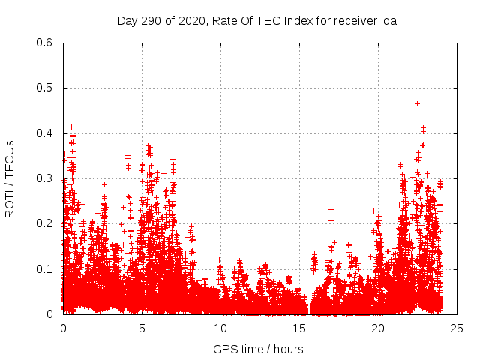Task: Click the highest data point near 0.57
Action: click(415, 58)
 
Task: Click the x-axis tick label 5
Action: click(142, 328)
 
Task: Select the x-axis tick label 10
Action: click(220, 328)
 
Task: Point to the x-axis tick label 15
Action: click(299, 328)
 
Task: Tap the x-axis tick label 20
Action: click(378, 328)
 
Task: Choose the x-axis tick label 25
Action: click(457, 328)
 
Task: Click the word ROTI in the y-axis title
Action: click(10, 202)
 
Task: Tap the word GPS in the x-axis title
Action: click(223, 349)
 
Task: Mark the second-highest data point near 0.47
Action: click(417, 103)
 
